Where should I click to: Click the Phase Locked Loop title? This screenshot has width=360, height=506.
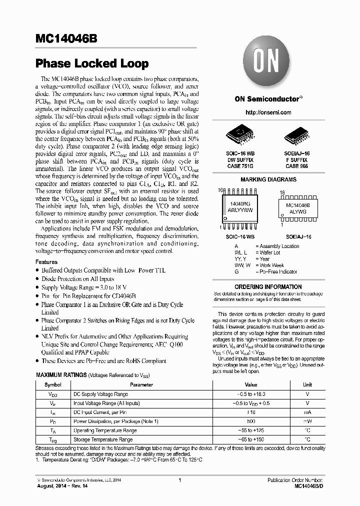[x=92, y=63]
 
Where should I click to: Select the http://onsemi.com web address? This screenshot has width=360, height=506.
[x=269, y=112]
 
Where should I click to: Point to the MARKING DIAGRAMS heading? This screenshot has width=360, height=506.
[x=268, y=179]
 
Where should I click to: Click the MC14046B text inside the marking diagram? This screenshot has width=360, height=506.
[x=297, y=205]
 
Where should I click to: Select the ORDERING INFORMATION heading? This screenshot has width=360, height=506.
[x=268, y=287]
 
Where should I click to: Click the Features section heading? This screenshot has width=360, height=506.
[x=46, y=262]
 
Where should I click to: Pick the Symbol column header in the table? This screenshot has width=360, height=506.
[x=53, y=384]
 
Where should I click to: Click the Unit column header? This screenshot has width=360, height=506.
[x=307, y=384]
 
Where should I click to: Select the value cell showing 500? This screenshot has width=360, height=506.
[x=250, y=421]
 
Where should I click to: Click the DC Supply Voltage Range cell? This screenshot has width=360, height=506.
[x=100, y=394]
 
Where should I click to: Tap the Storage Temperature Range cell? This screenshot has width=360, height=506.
[x=103, y=439]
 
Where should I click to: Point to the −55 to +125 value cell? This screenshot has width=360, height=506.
[x=250, y=430]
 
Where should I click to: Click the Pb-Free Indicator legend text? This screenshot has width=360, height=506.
[x=277, y=272]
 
